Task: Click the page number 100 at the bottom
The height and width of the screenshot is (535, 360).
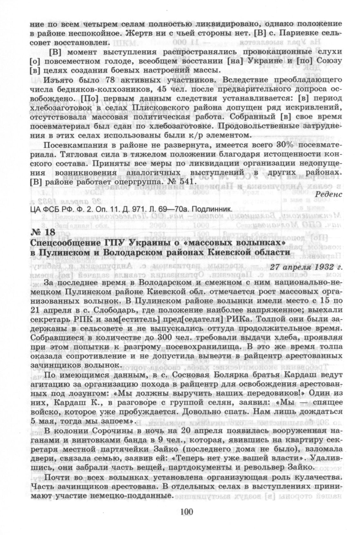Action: pos(186,512)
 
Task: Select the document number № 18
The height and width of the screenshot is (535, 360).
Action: pos(43,233)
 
